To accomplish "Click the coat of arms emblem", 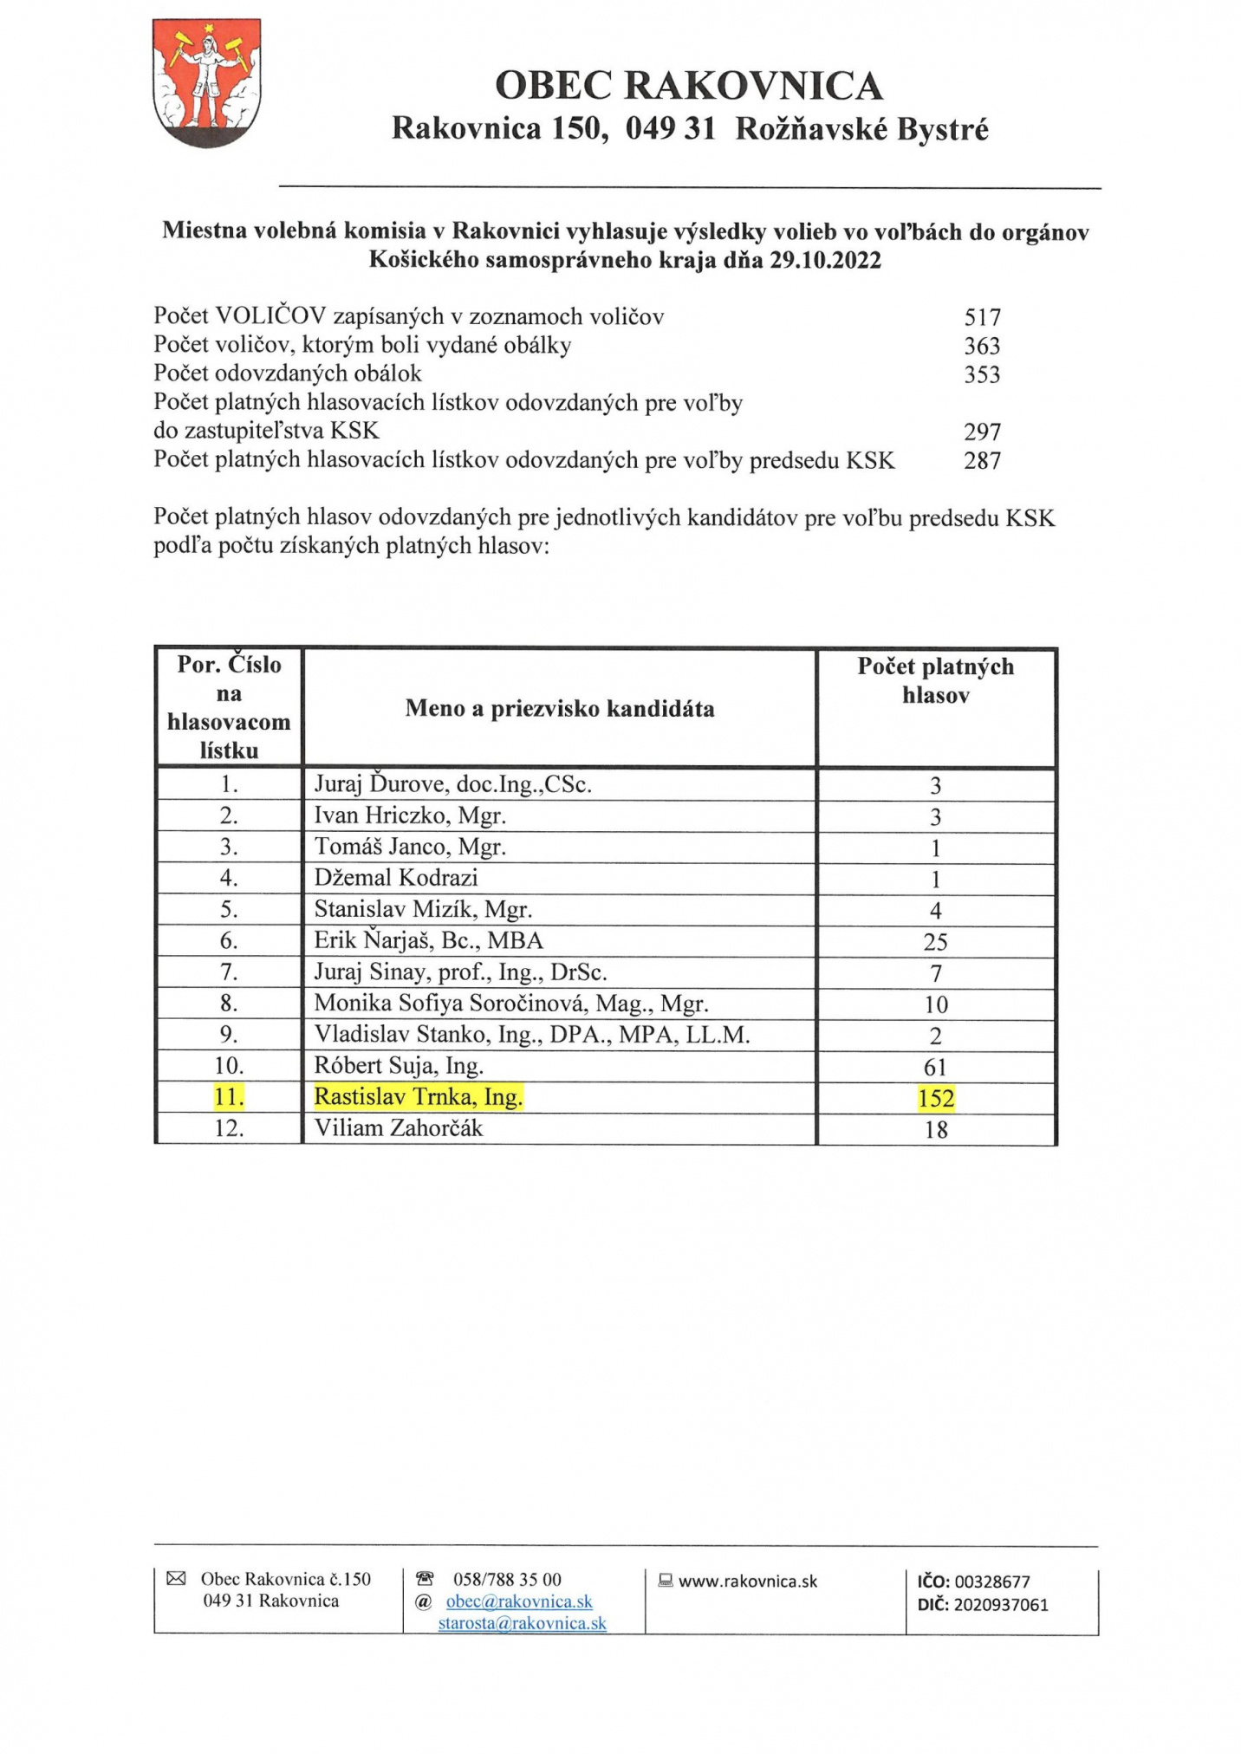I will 206,83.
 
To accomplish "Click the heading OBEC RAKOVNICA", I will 689,86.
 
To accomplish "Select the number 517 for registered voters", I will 982,317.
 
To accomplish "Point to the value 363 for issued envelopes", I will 982,346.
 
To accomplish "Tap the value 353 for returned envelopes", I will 982,374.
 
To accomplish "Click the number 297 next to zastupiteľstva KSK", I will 982,432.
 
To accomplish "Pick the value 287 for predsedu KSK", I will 982,460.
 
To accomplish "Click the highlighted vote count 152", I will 936,1099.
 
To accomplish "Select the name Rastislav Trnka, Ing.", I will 419,1097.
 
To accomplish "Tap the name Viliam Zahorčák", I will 399,1128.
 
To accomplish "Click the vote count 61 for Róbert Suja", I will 936,1068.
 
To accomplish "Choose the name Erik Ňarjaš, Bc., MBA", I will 429,940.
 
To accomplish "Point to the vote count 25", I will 936,942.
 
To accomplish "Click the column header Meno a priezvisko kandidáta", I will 560,709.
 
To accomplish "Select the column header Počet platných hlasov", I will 936,680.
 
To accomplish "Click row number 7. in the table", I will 229,972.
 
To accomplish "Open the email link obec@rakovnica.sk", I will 519,1601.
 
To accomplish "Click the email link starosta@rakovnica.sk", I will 522,1623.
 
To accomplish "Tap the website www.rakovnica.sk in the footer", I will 748,1581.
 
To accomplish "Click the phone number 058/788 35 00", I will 507,1579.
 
